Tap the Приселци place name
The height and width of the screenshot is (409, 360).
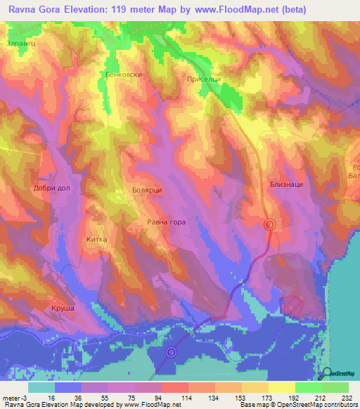204,79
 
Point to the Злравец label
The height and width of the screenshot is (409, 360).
20,43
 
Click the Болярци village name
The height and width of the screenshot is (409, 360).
148,190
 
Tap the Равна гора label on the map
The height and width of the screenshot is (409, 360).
166,222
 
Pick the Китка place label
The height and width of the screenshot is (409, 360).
96,240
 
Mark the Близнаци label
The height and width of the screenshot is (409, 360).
286,183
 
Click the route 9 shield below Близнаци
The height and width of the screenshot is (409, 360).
269,224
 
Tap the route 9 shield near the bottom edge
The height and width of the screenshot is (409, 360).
171,353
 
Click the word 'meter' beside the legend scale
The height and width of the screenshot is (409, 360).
10,397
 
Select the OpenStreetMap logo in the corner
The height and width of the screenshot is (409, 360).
338,374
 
